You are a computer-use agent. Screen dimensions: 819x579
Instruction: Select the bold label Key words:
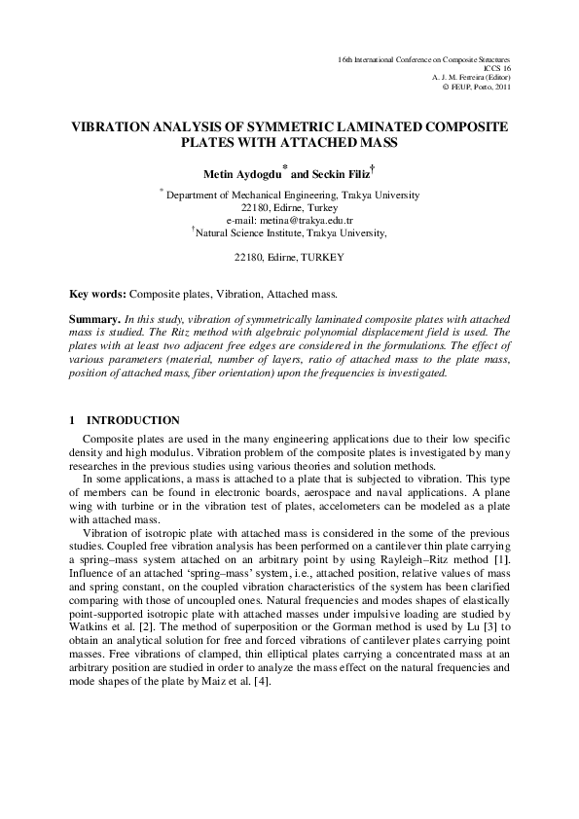pos(98,292)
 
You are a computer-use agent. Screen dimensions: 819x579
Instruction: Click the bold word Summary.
pos(95,319)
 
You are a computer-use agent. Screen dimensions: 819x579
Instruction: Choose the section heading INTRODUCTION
pos(133,420)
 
